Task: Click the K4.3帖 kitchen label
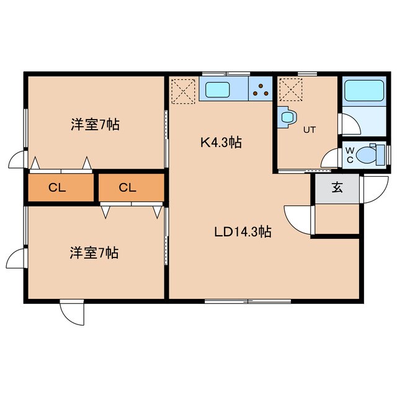(220, 142)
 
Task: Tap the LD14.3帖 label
(242, 232)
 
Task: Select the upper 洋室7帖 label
(94, 125)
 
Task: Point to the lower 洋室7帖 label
(94, 252)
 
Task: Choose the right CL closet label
(128, 188)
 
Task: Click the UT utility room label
(309, 130)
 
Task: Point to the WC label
(350, 155)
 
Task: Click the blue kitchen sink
(217, 91)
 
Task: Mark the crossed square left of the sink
(183, 91)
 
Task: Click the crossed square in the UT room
(290, 90)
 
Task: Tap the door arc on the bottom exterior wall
(72, 313)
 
